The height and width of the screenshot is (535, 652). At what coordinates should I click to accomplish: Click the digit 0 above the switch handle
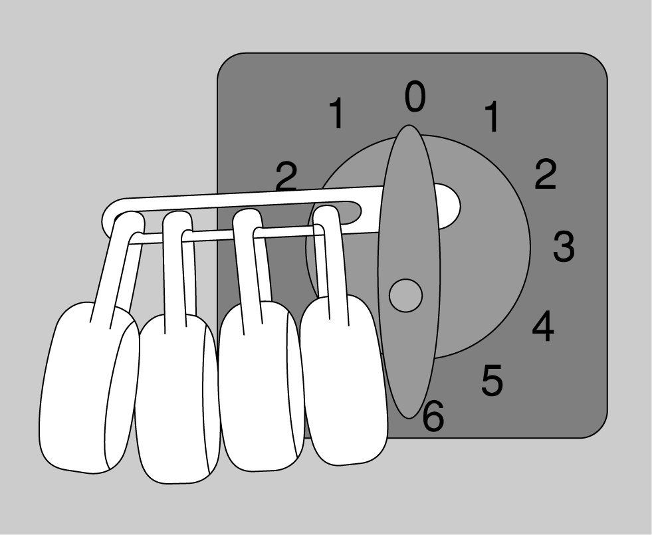[x=415, y=96]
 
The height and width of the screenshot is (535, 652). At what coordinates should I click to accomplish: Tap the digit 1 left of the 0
[x=337, y=113]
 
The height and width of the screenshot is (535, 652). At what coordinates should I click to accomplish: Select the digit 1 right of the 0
[x=492, y=116]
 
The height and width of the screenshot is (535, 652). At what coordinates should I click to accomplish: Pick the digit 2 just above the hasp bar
[x=286, y=177]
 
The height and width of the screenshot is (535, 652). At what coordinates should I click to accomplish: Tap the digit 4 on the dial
[x=543, y=326]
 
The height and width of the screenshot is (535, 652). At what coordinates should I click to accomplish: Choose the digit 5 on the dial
[x=492, y=379]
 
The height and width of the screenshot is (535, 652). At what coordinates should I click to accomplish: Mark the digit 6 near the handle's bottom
[x=434, y=415]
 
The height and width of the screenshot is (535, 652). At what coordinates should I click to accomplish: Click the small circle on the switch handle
[x=406, y=295]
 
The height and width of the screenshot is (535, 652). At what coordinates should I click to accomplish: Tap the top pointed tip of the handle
[x=409, y=126]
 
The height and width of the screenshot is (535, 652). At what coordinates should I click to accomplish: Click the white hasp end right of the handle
[x=448, y=206]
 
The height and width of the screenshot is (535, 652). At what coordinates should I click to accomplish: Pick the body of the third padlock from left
[x=261, y=387]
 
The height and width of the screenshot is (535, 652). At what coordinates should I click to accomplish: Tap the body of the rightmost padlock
[x=344, y=380]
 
